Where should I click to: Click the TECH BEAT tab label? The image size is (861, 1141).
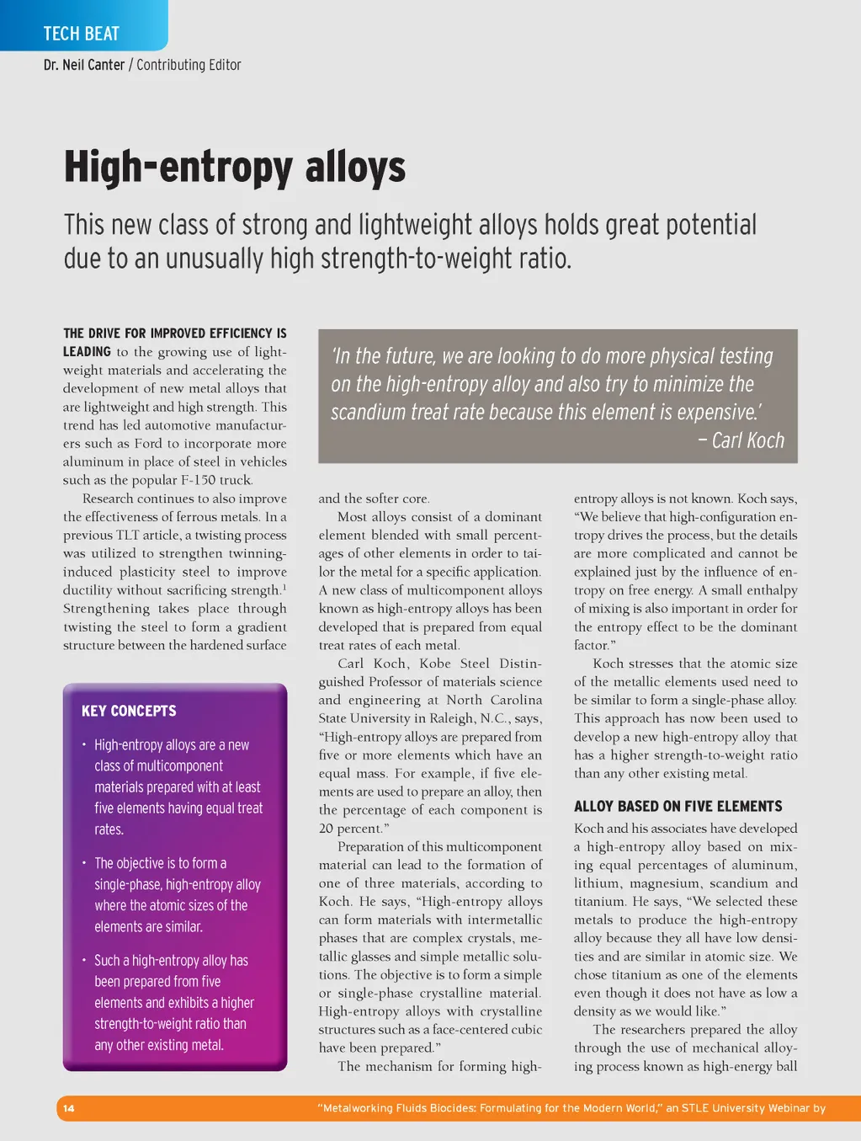tap(81, 34)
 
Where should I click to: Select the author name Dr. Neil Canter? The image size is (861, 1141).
tap(84, 65)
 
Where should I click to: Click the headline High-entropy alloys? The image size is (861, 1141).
tap(235, 166)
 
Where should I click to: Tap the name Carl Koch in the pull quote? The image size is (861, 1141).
tap(747, 440)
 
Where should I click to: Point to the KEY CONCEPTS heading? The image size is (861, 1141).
tap(129, 711)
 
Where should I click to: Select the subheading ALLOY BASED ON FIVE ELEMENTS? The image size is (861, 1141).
tap(678, 806)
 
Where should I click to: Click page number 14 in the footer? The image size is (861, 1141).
tap(69, 1108)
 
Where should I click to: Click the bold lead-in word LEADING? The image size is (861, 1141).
tap(87, 352)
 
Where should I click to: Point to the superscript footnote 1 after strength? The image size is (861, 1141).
tap(284, 587)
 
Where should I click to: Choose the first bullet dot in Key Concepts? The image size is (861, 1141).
tap(84, 744)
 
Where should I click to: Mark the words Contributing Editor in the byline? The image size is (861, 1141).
tap(189, 65)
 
